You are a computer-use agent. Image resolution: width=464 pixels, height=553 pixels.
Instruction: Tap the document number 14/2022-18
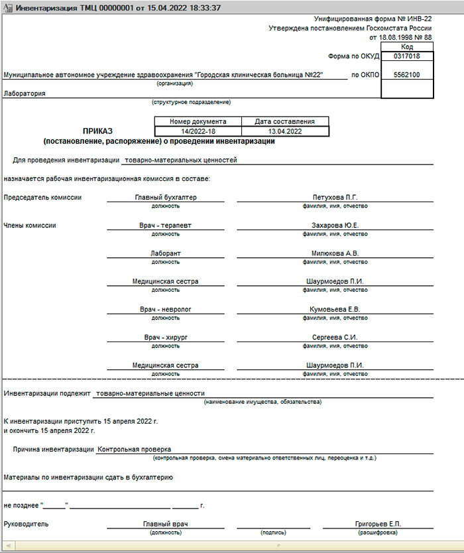[198, 131]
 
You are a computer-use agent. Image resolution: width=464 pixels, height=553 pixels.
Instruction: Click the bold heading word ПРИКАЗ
[97, 131]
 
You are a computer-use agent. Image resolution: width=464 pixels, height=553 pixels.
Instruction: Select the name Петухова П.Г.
[335, 198]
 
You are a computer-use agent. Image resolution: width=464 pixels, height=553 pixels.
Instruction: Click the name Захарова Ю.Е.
[335, 225]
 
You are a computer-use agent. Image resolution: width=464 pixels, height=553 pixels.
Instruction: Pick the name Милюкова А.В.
[335, 254]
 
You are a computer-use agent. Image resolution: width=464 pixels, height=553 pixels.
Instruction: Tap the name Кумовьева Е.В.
[335, 310]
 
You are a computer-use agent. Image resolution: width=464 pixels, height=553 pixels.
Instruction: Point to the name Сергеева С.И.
[335, 338]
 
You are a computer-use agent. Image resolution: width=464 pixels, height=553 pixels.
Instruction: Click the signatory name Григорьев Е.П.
[378, 524]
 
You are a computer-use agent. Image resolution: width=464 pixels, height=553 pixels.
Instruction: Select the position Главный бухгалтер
[166, 198]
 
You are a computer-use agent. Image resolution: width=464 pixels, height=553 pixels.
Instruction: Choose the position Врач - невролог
[166, 310]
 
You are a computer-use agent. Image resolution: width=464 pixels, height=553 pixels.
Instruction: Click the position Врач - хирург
[166, 338]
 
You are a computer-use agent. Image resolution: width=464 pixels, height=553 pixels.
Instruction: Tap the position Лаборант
[166, 254]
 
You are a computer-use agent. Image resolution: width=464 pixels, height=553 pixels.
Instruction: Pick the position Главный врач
[166, 524]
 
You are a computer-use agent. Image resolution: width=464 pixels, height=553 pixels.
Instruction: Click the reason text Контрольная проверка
[134, 449]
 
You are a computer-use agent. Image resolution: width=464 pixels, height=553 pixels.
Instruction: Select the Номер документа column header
[198, 122]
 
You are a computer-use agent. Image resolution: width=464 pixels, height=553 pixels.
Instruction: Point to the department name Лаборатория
[25, 93]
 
